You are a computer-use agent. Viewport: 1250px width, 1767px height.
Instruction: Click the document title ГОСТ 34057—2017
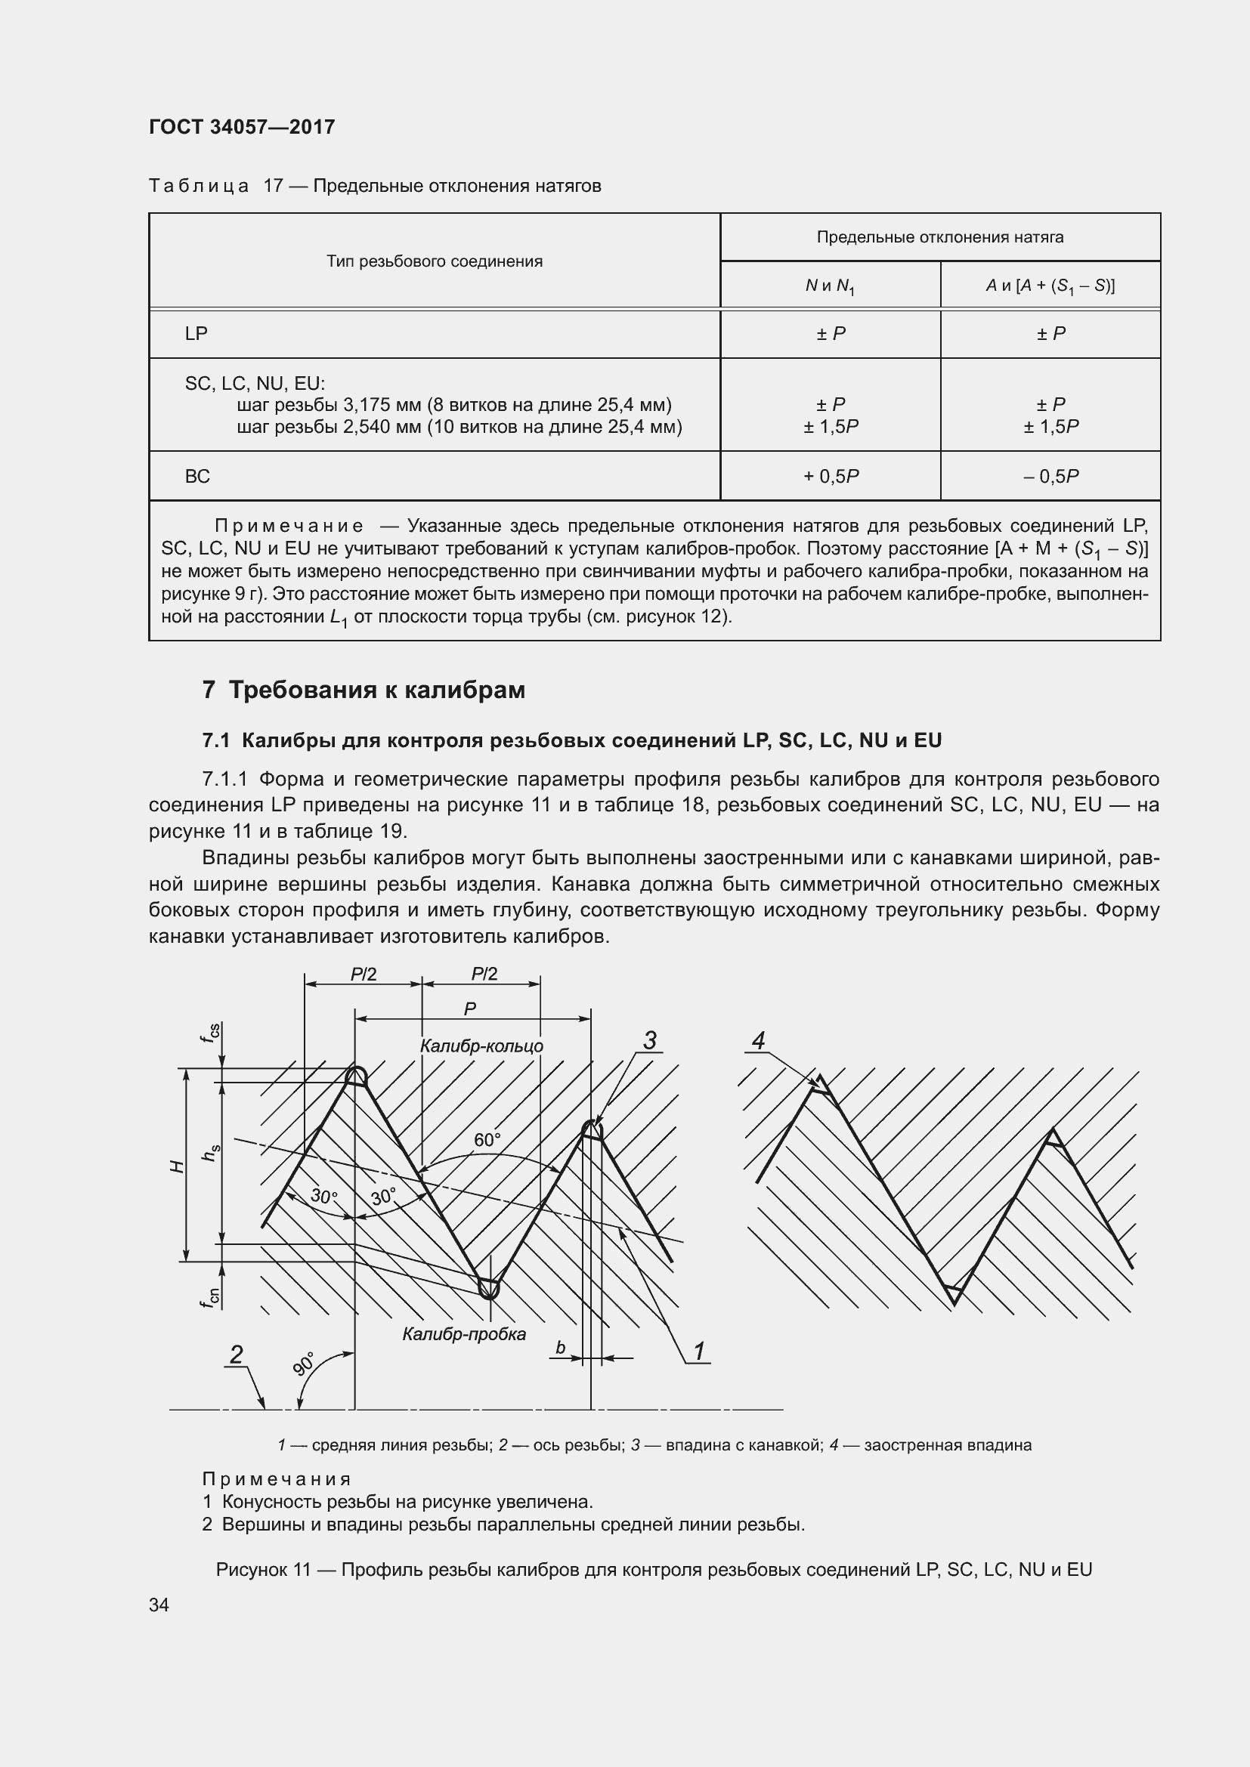pos(242,127)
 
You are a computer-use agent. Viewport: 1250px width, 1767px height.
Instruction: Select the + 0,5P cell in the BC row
pos(831,477)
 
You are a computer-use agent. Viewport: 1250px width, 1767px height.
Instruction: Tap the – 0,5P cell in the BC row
pos(1050,477)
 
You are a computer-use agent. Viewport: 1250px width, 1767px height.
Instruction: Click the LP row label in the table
pos(196,333)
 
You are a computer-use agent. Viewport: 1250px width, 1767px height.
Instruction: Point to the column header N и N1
pos(830,286)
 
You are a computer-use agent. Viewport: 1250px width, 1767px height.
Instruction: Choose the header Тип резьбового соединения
pos(434,261)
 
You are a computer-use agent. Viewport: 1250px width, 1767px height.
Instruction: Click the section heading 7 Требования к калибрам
pos(364,690)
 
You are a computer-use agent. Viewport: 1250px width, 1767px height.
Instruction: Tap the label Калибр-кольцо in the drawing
pos(481,1046)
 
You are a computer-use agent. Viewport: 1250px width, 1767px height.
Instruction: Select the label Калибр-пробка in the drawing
pos(464,1333)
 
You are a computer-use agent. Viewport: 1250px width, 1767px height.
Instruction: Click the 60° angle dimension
pos(487,1140)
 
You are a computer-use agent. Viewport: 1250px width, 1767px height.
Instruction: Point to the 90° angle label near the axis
pos(304,1364)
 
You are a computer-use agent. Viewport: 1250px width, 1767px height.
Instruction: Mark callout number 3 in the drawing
pos(650,1040)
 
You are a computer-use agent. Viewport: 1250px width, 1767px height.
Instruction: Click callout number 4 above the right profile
pos(758,1040)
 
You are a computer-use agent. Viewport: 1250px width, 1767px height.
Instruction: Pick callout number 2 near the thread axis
pos(237,1354)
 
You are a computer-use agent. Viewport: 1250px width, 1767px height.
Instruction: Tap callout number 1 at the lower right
pos(699,1352)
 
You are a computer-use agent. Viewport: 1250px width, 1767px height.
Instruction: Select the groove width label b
pos(560,1348)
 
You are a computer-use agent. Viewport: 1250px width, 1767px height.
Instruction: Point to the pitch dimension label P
pos(469,1009)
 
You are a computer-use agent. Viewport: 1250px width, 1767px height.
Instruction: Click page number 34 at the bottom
pos(159,1605)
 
